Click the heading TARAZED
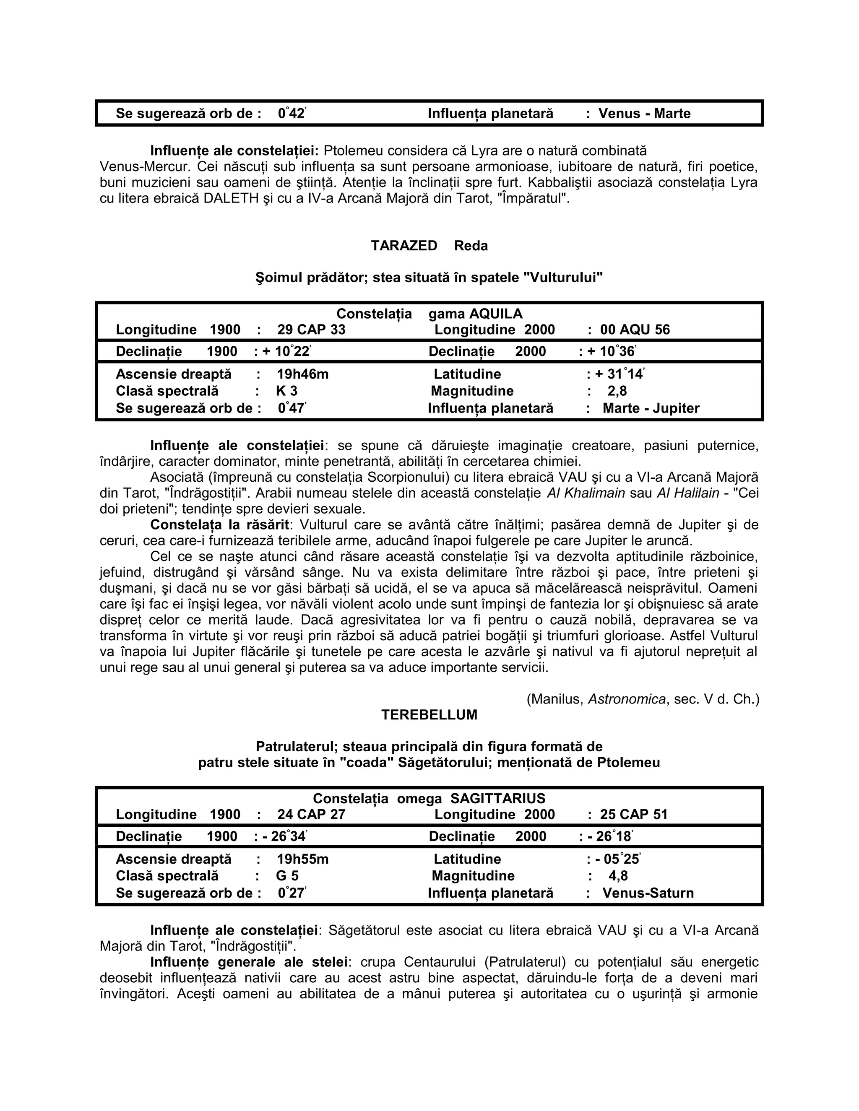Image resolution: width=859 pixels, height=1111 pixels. pos(403,246)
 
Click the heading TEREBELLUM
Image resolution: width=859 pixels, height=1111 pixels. pos(429,715)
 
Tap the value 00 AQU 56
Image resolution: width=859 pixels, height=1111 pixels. pos(635,330)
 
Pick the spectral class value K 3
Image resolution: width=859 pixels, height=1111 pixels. pos(286,391)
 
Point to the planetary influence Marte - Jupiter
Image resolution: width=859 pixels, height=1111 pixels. pos(651,408)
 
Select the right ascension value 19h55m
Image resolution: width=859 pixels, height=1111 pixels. pos(302,859)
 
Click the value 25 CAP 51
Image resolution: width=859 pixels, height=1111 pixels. pos(633,815)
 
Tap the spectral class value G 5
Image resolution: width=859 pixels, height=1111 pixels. pos(287,875)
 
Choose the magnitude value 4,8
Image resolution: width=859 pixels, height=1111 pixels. pos(618,875)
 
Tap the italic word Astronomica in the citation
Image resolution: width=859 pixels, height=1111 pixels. pos(627,699)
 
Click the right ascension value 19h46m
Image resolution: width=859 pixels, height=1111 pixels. pos(302,374)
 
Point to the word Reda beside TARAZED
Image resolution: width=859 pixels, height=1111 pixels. pos(471,246)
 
